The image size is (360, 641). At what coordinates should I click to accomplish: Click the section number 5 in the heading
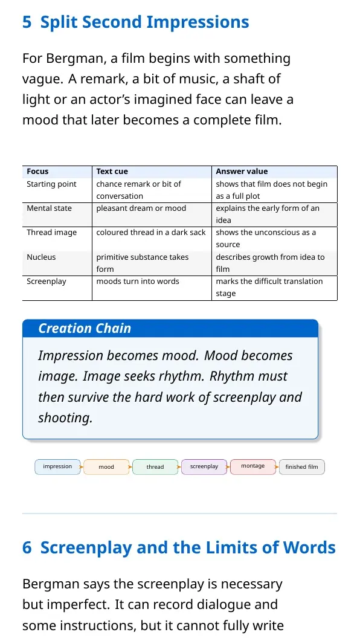pyautogui.click(x=27, y=22)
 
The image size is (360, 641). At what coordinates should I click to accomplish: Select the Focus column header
pyautogui.click(x=37, y=172)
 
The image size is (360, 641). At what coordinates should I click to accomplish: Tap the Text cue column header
pyautogui.click(x=112, y=172)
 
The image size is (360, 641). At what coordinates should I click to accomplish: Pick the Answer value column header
pyautogui.click(x=242, y=172)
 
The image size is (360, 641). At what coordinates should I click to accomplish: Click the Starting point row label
pyautogui.click(x=51, y=184)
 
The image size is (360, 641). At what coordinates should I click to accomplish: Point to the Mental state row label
pyautogui.click(x=49, y=208)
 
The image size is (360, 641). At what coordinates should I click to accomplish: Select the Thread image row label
pyautogui.click(x=52, y=233)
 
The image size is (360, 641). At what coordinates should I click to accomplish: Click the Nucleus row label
pyautogui.click(x=41, y=257)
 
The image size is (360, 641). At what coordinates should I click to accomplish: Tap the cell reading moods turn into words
pyautogui.click(x=138, y=282)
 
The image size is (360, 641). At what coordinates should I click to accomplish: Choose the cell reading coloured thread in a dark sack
pyautogui.click(x=151, y=233)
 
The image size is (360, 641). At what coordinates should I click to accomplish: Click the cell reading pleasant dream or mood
pyautogui.click(x=141, y=208)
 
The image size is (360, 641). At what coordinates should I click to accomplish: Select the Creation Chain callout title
pyautogui.click(x=85, y=328)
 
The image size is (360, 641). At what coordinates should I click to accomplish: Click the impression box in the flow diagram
pyautogui.click(x=57, y=467)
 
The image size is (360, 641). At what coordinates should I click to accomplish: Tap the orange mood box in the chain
pyautogui.click(x=106, y=467)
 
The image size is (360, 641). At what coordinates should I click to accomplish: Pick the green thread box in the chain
pyautogui.click(x=155, y=467)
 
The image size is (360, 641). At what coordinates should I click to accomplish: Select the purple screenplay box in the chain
pyautogui.click(x=204, y=467)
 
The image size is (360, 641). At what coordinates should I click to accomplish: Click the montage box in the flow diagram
pyautogui.click(x=253, y=467)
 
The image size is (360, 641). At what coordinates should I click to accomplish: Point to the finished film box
pyautogui.click(x=302, y=467)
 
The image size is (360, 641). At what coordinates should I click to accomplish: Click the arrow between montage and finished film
pyautogui.click(x=277, y=467)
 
